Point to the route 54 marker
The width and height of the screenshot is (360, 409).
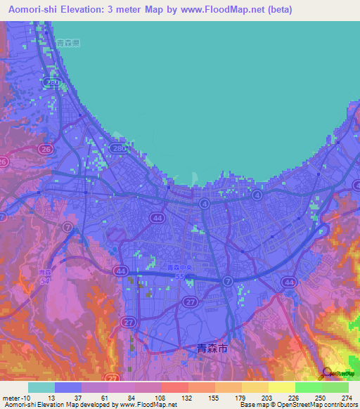tap(45, 280)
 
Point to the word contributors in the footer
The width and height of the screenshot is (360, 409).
tap(337, 405)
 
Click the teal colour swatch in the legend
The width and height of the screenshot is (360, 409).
tap(41, 387)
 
